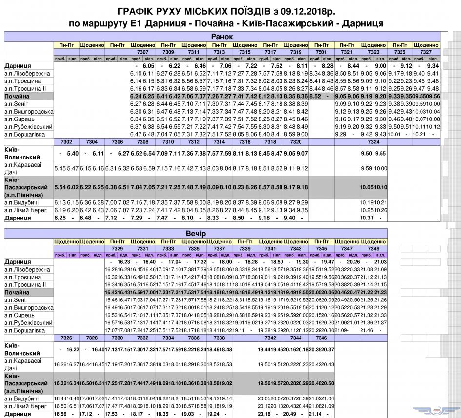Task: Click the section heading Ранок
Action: click(x=222, y=37)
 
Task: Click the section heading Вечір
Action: click(x=222, y=234)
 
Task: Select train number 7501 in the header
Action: click(x=321, y=51)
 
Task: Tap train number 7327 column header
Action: click(x=426, y=51)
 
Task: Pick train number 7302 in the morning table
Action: click(x=66, y=141)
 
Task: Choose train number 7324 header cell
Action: click(x=373, y=141)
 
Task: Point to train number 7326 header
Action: click(x=66, y=338)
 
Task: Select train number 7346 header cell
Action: click(x=321, y=338)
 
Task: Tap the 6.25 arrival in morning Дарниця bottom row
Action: click(x=60, y=218)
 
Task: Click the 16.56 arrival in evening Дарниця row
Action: click(x=60, y=414)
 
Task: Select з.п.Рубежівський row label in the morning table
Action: click(x=28, y=126)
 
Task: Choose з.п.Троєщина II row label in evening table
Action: click(x=25, y=284)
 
